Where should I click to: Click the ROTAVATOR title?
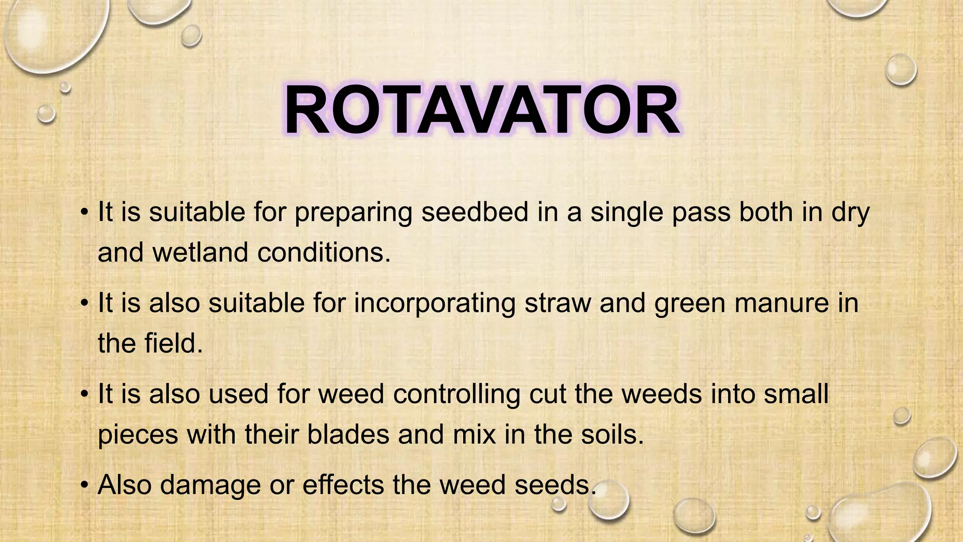[481, 111]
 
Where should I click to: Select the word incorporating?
[434, 303]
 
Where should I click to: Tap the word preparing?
[353, 213]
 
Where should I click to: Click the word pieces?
[138, 435]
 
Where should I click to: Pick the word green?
[689, 303]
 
